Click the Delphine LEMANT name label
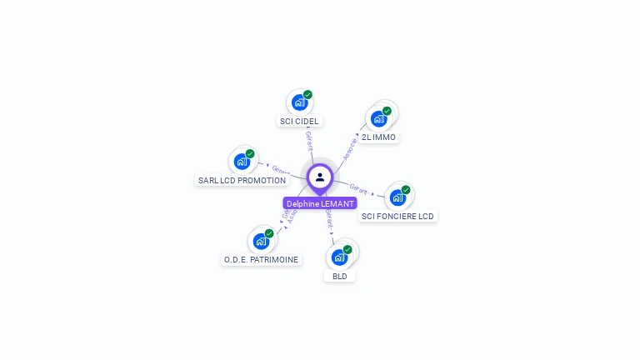point(320,203)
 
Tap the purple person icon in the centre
point(320,177)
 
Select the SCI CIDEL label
point(299,121)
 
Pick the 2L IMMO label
point(379,137)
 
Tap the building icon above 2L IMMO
point(379,118)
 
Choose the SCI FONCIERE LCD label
point(397,216)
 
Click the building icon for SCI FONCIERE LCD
point(397,197)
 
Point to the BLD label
point(340,276)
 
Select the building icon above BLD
point(339,257)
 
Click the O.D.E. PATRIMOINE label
point(261,259)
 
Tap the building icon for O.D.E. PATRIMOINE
point(261,242)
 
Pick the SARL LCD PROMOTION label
point(242,180)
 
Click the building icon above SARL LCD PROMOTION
point(242,162)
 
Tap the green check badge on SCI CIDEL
point(307,95)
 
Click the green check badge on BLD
point(347,249)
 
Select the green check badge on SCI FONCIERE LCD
point(406,190)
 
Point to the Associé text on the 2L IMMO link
point(351,147)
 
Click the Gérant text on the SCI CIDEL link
point(309,141)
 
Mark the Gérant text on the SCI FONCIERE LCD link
point(359,189)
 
